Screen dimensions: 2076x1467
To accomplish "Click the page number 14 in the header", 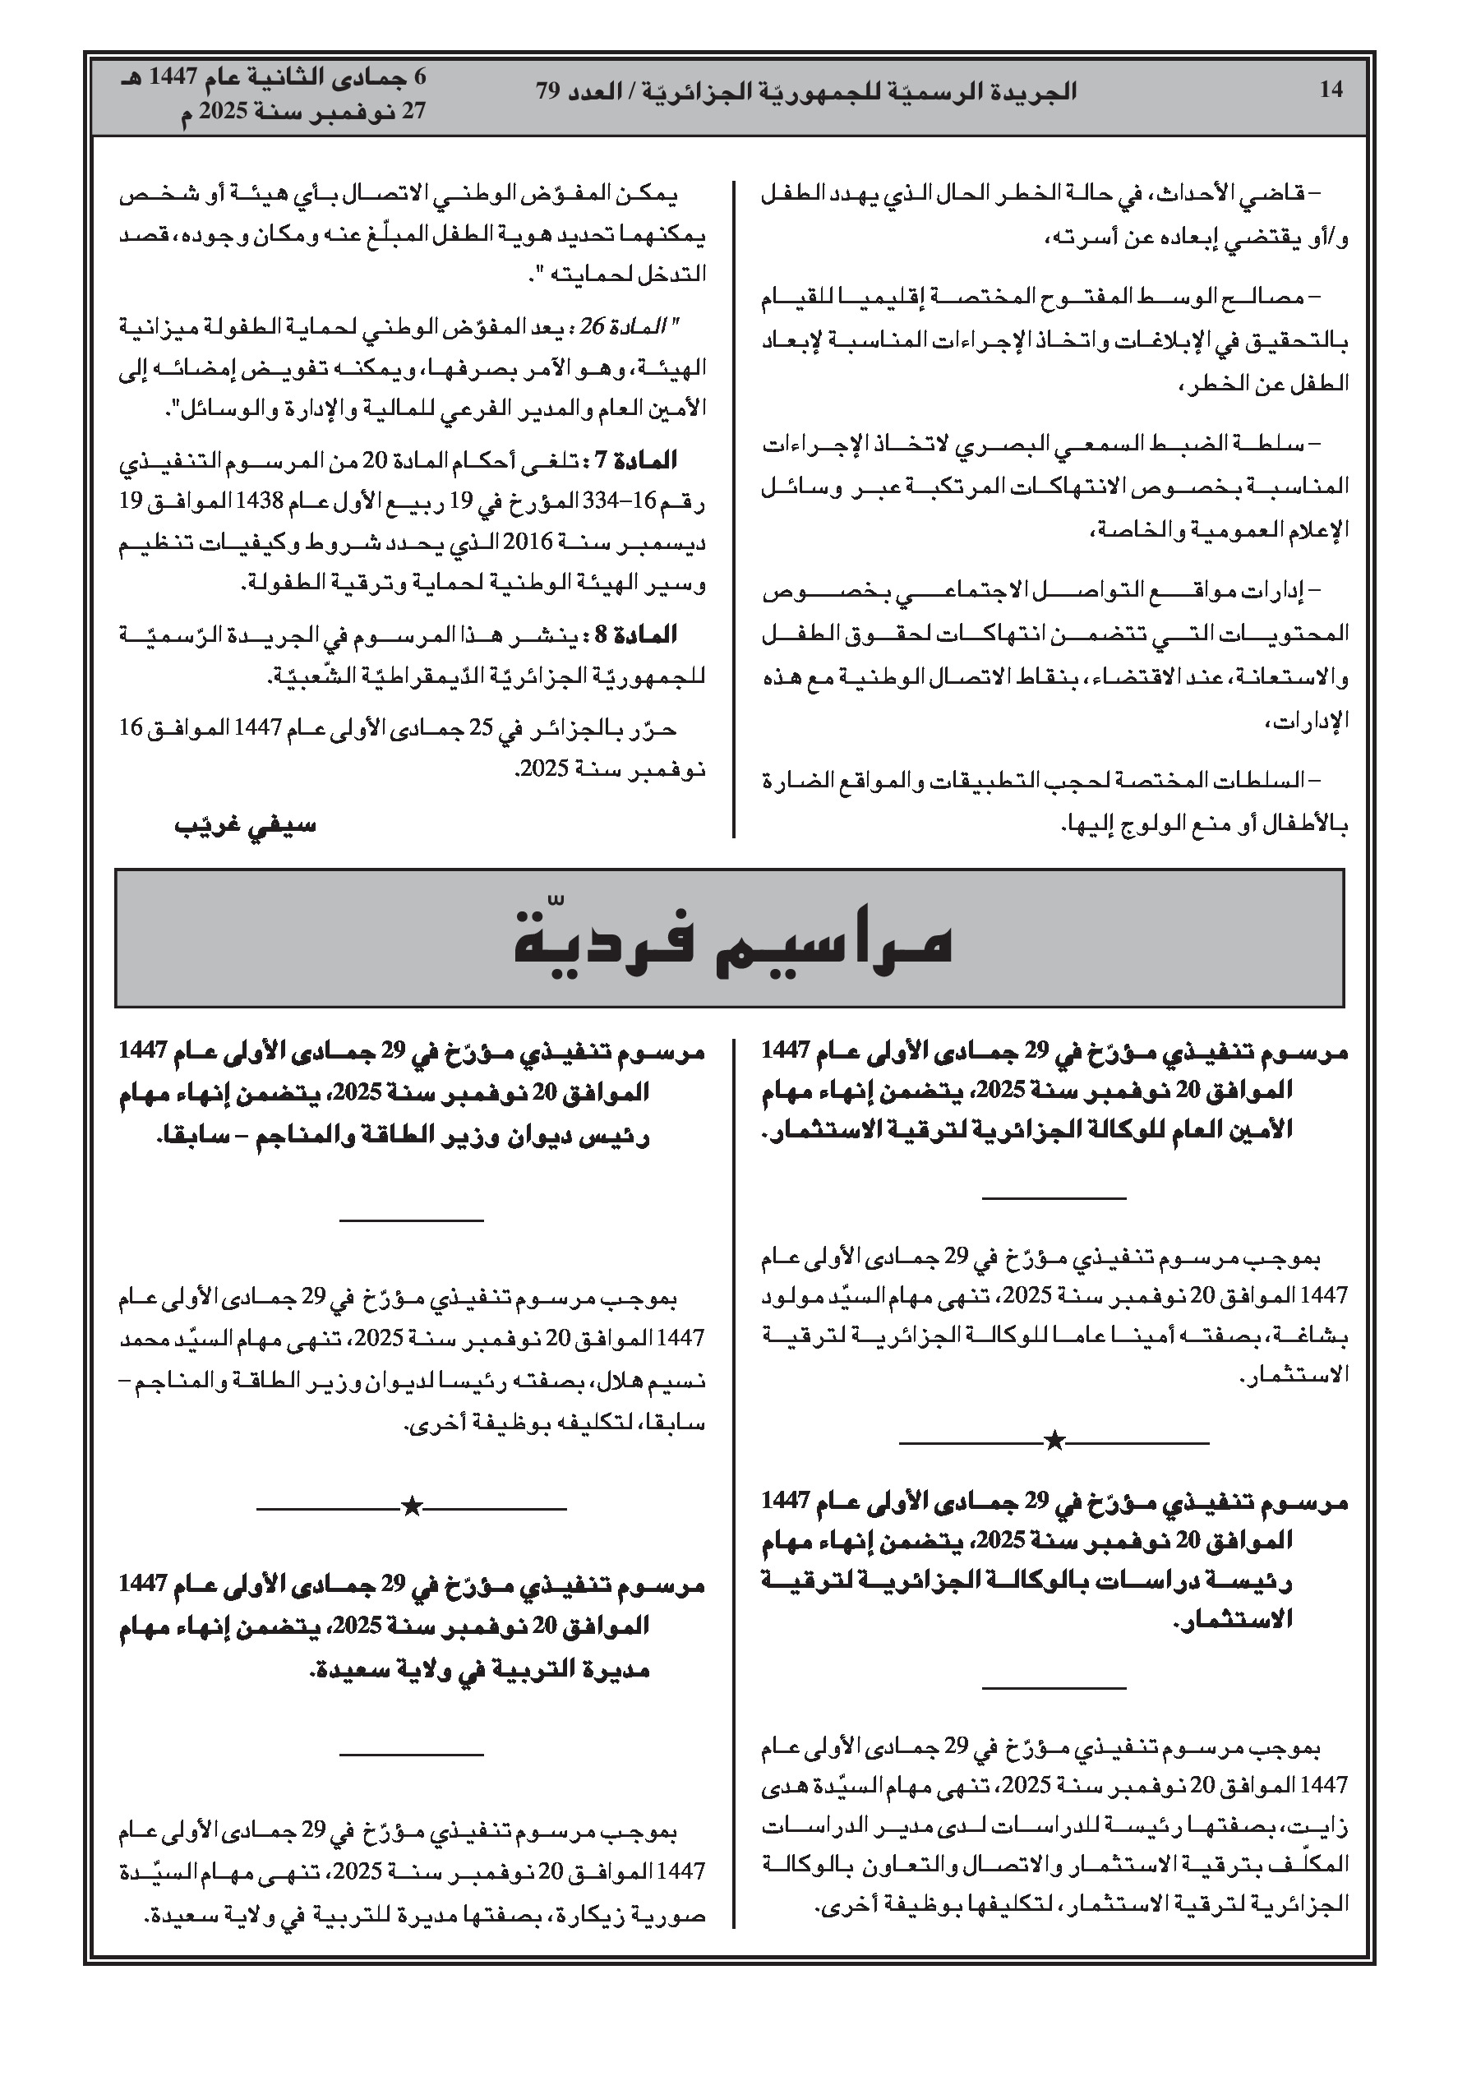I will click(x=1331, y=90).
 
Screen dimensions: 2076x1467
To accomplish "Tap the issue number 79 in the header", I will click(x=549, y=91).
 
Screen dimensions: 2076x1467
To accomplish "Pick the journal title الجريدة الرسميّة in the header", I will click(x=999, y=91).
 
